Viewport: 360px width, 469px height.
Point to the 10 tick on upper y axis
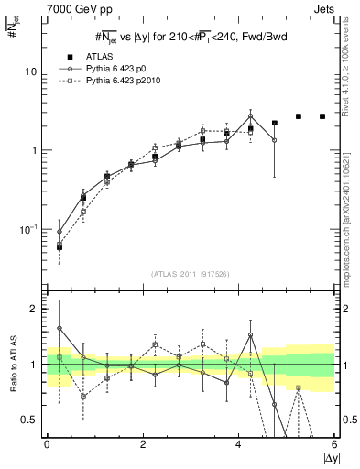31,71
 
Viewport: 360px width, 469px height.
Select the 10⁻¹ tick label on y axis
28,228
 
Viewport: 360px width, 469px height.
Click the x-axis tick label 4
239,445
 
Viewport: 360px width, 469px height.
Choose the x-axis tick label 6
335,445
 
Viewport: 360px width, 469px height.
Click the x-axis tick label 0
47,445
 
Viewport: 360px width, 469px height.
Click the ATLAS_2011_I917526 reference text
190,275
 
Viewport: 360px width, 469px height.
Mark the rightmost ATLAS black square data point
322,116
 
